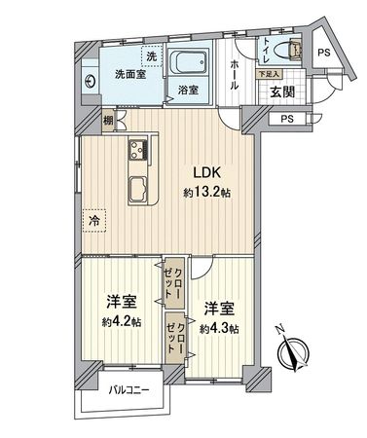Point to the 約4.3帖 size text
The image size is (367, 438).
coord(219,327)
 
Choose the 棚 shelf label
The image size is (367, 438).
coord(108,121)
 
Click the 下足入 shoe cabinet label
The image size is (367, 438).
coord(268,73)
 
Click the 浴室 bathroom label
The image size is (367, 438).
coord(189,91)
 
